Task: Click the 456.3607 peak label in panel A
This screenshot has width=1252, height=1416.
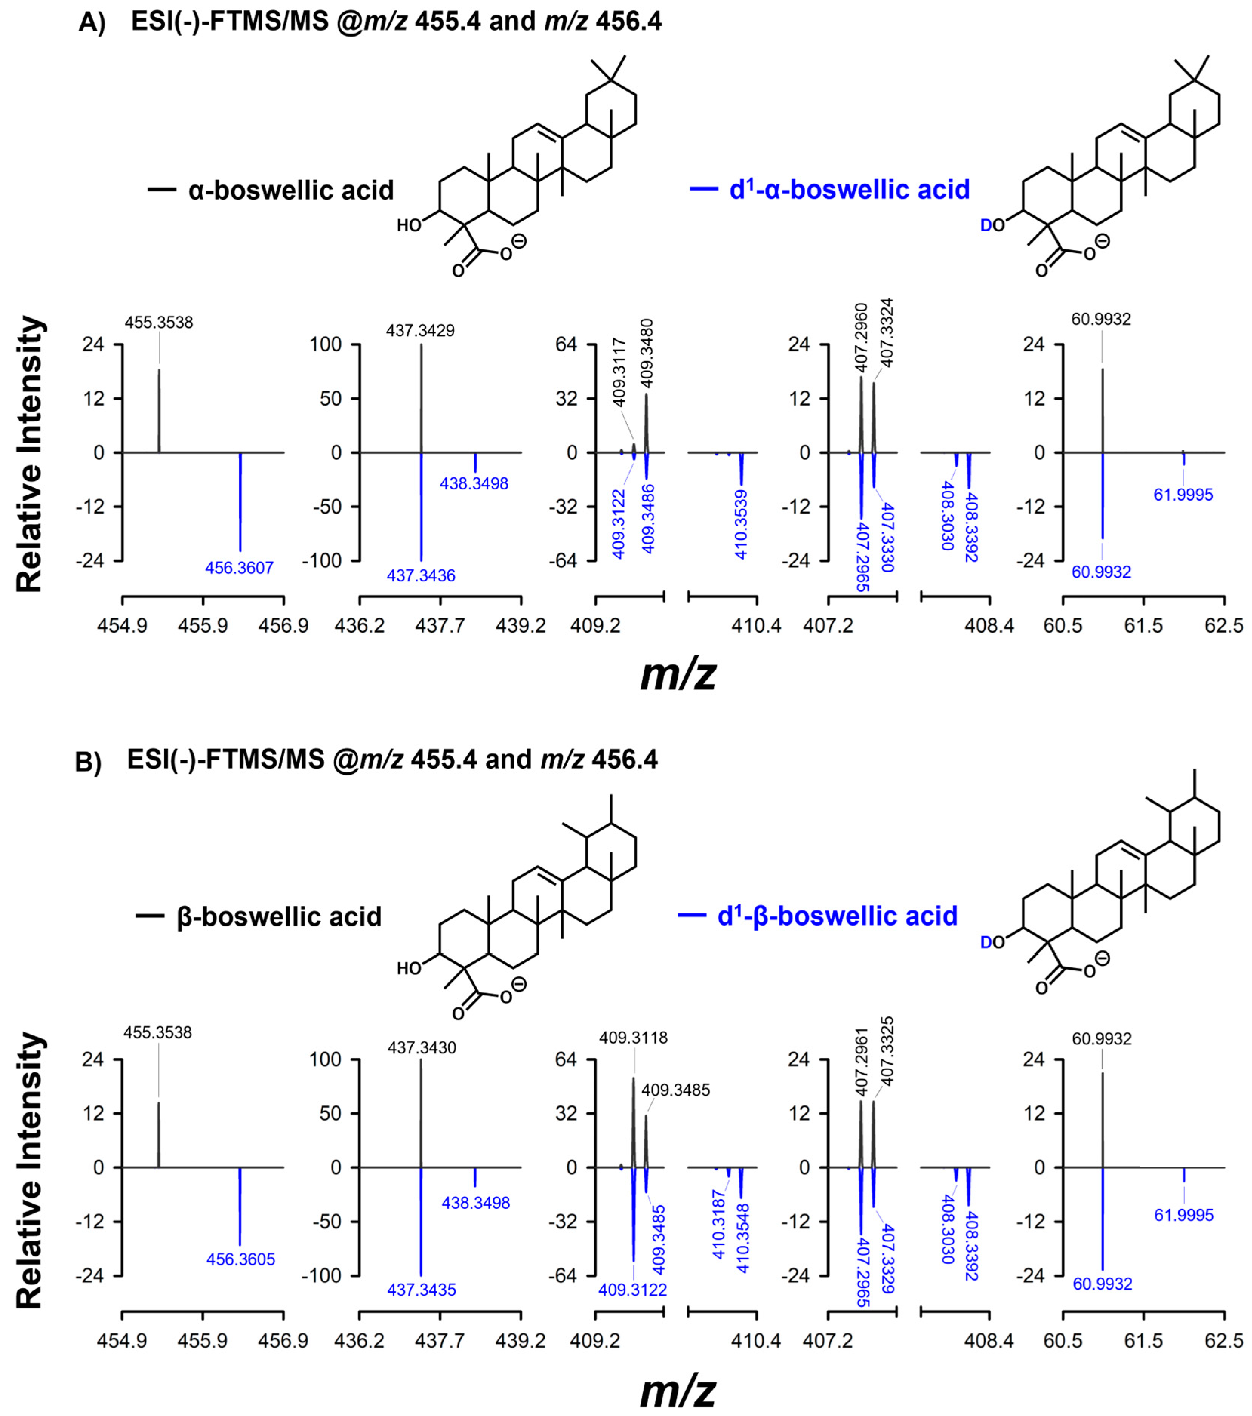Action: click(239, 568)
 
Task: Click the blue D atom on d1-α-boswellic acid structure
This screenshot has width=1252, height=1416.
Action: click(986, 226)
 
